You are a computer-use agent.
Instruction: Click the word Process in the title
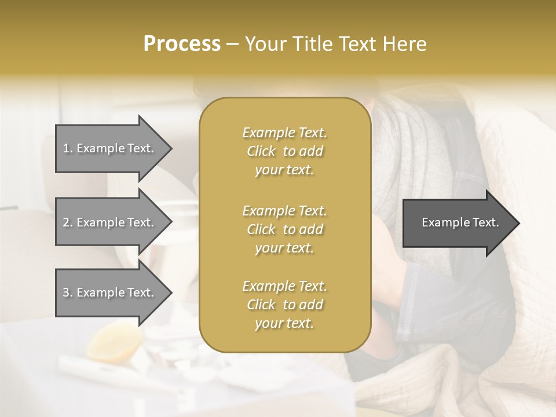click(x=182, y=44)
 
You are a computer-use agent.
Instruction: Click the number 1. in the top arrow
click(x=68, y=148)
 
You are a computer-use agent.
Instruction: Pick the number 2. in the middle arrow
click(x=68, y=222)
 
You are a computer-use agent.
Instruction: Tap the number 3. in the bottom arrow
click(x=68, y=292)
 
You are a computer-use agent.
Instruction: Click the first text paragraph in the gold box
click(x=284, y=151)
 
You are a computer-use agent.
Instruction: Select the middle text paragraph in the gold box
click(x=284, y=229)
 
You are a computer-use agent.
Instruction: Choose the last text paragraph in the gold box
click(x=284, y=305)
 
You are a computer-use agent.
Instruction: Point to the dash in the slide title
click(x=233, y=45)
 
